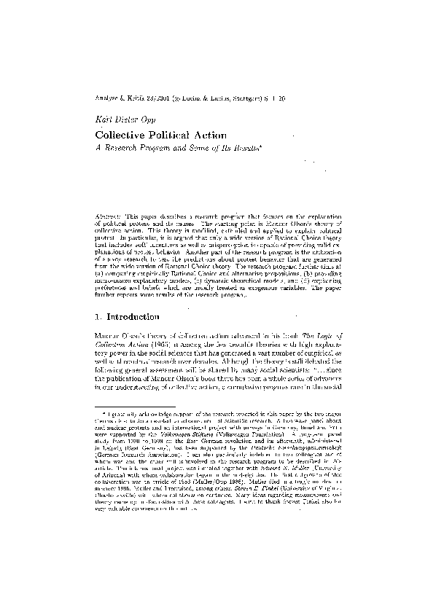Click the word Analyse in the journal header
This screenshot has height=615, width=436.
(106, 98)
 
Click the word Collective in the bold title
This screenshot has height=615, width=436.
(122, 135)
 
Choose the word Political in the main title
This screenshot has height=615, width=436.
(176, 135)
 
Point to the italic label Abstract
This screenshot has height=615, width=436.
(110, 219)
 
